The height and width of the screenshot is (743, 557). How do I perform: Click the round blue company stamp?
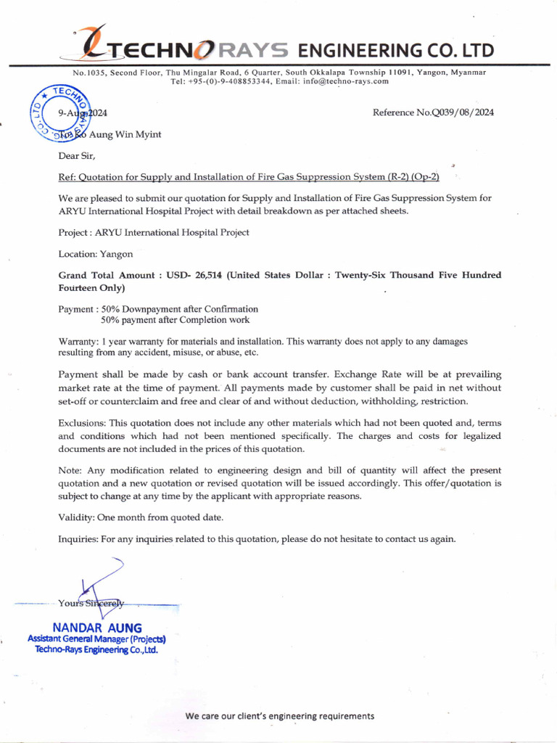(x=59, y=113)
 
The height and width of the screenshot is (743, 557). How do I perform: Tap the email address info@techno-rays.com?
(x=345, y=81)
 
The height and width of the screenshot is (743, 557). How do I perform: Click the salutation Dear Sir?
(x=76, y=156)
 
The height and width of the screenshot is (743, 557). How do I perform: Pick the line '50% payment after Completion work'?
(x=175, y=319)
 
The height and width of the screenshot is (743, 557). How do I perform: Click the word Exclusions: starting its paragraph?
(x=81, y=422)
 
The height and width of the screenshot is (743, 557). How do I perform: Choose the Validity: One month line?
(x=141, y=517)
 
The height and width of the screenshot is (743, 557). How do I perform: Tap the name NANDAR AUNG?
(x=97, y=628)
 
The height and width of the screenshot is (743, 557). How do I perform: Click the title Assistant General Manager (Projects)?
(x=97, y=639)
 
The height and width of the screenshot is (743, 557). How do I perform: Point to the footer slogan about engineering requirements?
(x=279, y=716)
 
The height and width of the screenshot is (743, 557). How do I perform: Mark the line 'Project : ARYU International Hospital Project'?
(x=153, y=232)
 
